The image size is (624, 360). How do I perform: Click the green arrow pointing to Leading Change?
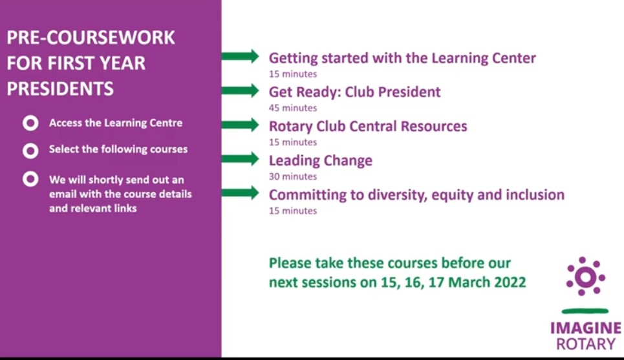coord(240,159)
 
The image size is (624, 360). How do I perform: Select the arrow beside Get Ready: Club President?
coord(240,90)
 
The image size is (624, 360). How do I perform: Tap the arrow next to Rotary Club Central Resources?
coord(240,125)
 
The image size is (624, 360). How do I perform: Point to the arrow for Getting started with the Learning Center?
coord(240,56)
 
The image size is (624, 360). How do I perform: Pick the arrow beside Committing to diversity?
coord(240,193)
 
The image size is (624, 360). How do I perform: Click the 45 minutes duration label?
coord(293,108)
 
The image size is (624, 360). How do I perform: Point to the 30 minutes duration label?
coord(293,176)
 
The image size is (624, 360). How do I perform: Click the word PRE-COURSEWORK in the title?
coord(91,37)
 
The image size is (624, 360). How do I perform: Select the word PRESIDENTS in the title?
coord(60,89)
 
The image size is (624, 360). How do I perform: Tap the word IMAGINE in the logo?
coord(585,328)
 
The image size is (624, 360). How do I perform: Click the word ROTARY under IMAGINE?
coord(586,344)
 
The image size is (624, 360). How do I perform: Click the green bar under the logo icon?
coord(585,311)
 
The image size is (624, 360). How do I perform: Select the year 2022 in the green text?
coord(510,282)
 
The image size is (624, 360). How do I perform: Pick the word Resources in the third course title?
coord(434,126)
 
